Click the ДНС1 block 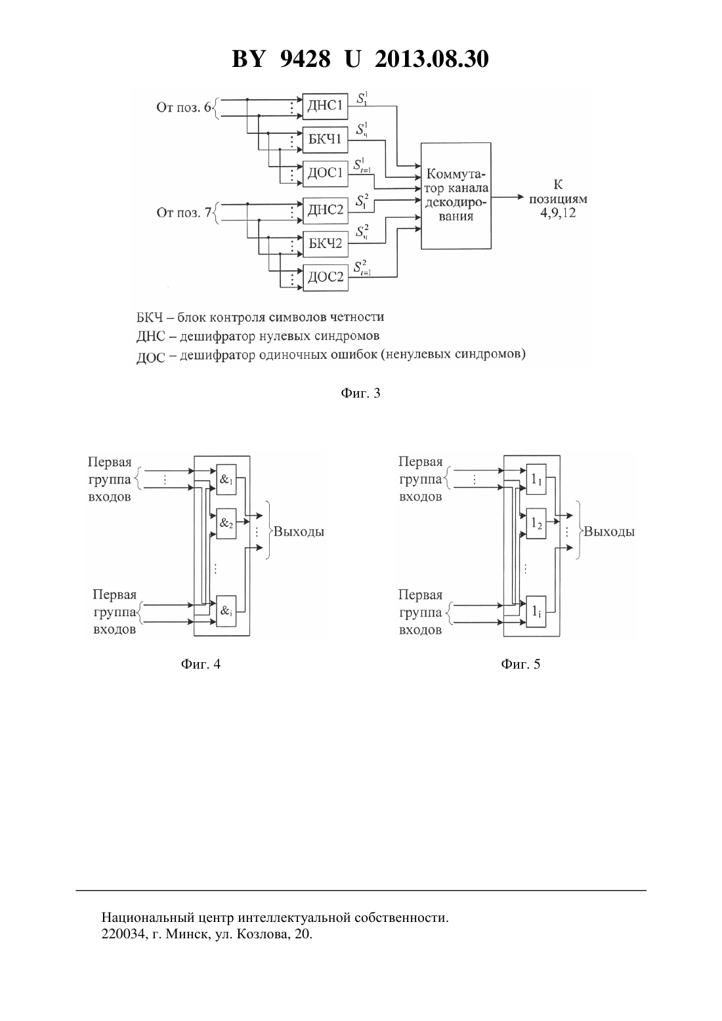[325, 106]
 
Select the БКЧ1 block [325, 139]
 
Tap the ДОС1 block [325, 173]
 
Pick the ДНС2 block [325, 210]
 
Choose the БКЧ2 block [325, 244]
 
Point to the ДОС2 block [325, 277]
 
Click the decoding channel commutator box [456, 196]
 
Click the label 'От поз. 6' [184, 108]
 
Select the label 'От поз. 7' [184, 213]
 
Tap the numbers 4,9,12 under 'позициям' [558, 213]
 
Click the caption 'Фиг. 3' [360, 393]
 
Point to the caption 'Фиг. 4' [201, 663]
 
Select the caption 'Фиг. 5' [520, 663]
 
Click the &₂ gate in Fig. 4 [226, 524]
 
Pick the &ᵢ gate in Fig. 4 [226, 611]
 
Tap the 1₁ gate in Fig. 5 [536, 480]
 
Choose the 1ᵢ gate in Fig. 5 [536, 612]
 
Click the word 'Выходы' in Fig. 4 [299, 531]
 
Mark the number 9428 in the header [305, 59]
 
